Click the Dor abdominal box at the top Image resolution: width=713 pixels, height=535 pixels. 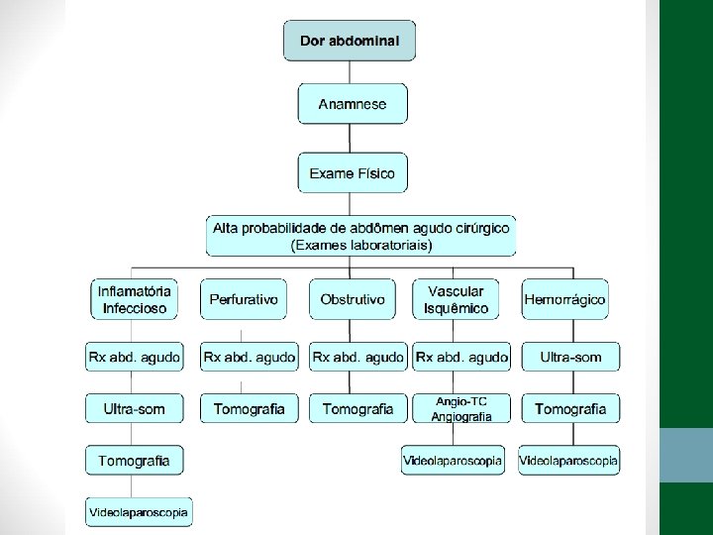coord(350,41)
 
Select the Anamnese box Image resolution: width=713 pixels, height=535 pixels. coord(353,103)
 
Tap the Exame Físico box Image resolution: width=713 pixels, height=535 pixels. coord(352,173)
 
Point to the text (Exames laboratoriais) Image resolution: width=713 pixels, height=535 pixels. coord(360,244)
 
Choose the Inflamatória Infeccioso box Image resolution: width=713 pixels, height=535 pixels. coord(134,299)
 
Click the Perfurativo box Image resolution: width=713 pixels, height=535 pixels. coord(244,299)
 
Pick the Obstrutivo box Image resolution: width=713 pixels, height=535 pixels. coord(353,299)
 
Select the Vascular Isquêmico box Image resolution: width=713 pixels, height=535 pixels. coord(456,299)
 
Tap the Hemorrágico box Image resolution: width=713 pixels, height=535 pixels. coord(564,299)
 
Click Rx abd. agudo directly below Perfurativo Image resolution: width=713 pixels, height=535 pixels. coord(249,357)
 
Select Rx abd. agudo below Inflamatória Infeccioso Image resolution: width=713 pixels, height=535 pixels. coord(134,357)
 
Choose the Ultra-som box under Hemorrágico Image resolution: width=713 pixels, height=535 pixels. coord(569,357)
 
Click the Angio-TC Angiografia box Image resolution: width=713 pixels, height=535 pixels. coord(460,408)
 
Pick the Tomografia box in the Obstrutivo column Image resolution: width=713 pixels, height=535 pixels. coord(357,408)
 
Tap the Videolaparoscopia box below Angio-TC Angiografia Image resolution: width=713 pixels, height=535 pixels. coord(453,460)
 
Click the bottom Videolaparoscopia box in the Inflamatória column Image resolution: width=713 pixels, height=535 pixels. coord(138,512)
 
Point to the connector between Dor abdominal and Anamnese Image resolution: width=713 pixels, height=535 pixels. coord(353,72)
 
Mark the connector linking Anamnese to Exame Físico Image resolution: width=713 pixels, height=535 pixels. coord(353,138)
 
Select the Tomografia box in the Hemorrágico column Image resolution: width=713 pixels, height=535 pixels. coord(569,408)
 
